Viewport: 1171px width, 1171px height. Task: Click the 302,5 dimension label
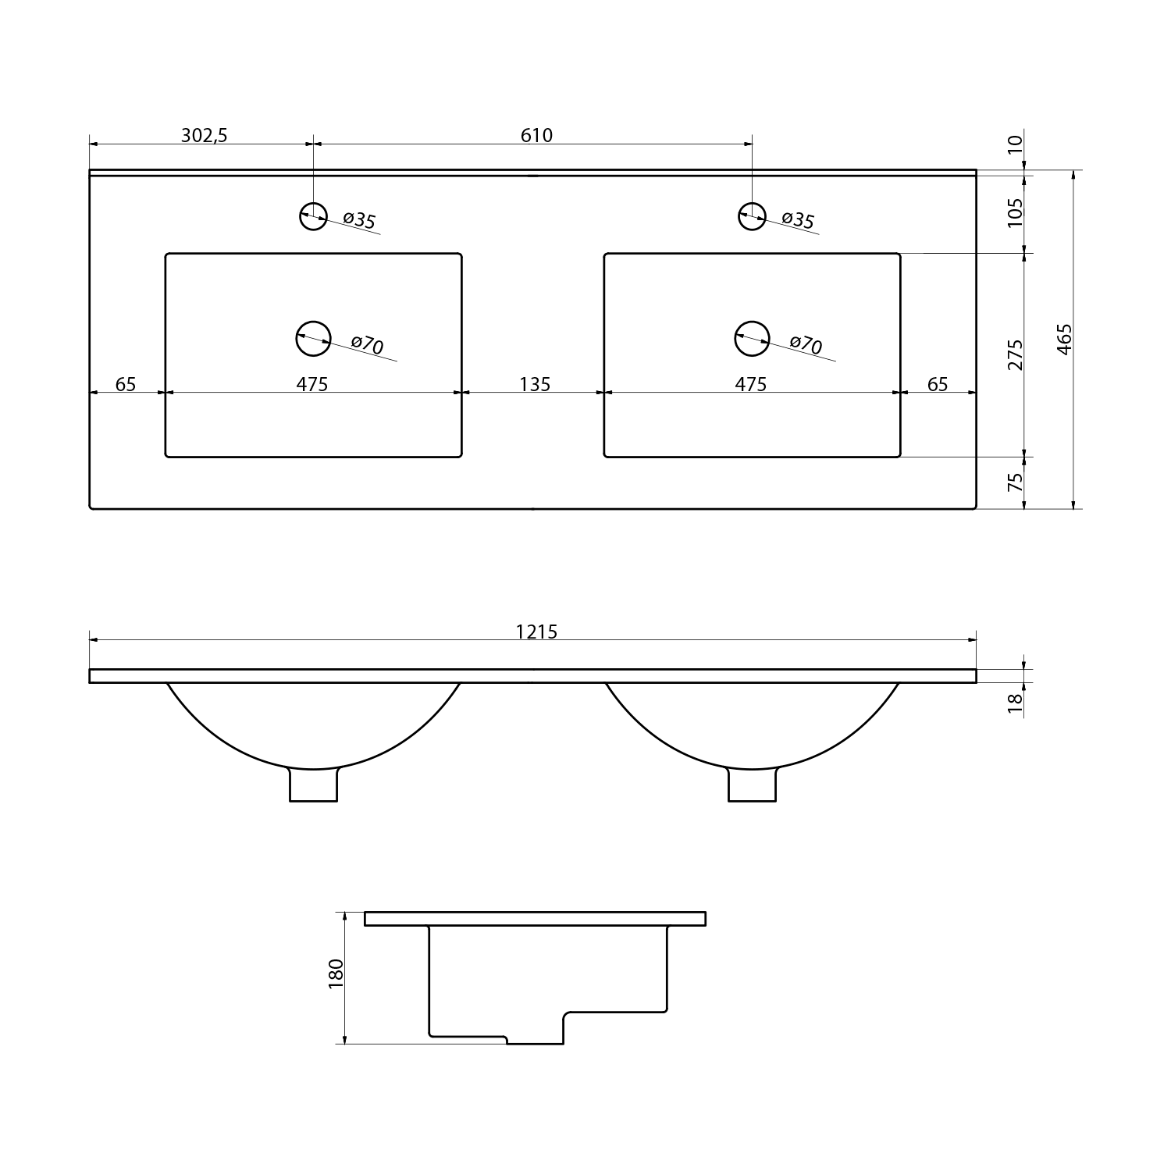click(204, 136)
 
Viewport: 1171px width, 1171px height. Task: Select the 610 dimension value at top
click(536, 136)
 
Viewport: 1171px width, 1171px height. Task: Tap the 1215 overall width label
click(536, 632)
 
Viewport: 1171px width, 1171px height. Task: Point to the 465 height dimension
click(1064, 340)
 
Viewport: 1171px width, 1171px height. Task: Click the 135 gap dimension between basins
click(535, 384)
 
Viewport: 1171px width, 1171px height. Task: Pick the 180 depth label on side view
click(336, 974)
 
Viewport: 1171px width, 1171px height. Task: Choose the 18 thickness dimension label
click(1015, 703)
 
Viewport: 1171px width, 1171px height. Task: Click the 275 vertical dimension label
click(1015, 354)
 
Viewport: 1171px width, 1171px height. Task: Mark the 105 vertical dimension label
click(1015, 212)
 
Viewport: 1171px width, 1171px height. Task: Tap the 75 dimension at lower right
click(1015, 482)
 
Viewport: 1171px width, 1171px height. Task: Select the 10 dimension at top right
click(1015, 144)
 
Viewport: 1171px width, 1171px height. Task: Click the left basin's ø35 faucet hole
click(313, 215)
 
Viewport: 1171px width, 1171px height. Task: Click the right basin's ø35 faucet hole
click(752, 215)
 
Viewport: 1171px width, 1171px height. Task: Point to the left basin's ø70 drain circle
click(313, 339)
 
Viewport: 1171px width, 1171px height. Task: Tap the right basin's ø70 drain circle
click(752, 339)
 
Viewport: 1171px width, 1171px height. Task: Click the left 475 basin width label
click(312, 384)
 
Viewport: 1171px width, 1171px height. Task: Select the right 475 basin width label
click(751, 384)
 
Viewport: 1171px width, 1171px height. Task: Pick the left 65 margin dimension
click(126, 384)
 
